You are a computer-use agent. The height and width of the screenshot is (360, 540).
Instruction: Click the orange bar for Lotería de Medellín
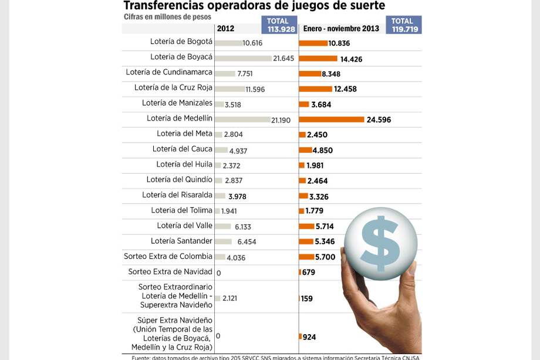pyautogui.click(x=332, y=119)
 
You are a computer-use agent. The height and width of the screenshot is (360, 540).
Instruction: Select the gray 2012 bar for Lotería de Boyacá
pyautogui.click(x=242, y=58)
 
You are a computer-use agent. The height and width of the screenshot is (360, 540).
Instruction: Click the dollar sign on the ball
pyautogui.click(x=380, y=242)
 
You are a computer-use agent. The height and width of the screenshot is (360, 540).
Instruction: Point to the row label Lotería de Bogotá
pyautogui.click(x=181, y=42)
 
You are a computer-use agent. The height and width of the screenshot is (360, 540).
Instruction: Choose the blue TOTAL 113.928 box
pyautogui.click(x=278, y=25)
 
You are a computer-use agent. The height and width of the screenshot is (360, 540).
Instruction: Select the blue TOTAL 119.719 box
pyautogui.click(x=404, y=25)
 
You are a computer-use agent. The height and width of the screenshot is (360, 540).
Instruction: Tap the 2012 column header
pyautogui.click(x=225, y=28)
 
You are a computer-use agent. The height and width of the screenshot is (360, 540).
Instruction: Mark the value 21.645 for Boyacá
pyautogui.click(x=283, y=59)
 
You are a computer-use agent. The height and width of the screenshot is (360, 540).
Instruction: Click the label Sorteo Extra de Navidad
pyautogui.click(x=170, y=272)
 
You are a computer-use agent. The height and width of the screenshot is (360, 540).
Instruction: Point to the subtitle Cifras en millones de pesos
pyautogui.click(x=167, y=16)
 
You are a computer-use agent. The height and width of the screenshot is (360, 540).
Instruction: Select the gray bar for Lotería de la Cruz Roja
pyautogui.click(x=230, y=89)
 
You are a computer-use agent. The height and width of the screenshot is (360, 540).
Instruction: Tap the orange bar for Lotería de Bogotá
pyautogui.click(x=313, y=43)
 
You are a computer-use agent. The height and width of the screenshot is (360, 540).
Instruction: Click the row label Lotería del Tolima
pyautogui.click(x=181, y=210)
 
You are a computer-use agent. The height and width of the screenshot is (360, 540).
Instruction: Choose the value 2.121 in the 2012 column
pyautogui.click(x=231, y=298)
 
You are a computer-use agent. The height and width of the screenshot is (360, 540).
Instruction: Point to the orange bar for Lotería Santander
pyautogui.click(x=306, y=241)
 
